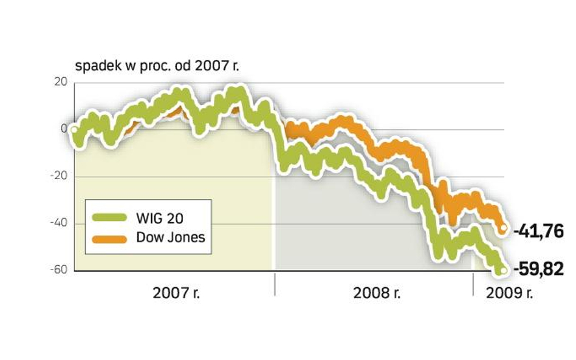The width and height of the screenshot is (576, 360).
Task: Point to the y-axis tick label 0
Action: [x=63, y=129]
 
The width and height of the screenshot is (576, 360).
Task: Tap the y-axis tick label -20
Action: [x=59, y=176]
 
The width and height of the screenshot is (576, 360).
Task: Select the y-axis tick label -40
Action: [x=59, y=223]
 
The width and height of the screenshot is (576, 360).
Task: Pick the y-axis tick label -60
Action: [x=59, y=270]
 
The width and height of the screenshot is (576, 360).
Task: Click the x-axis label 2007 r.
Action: [x=176, y=293]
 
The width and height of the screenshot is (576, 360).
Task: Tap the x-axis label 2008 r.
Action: [x=377, y=293]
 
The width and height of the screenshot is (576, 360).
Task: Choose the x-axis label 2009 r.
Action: [x=509, y=293]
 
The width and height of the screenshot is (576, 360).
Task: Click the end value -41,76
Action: [x=538, y=231]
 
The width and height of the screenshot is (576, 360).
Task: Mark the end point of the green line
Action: [x=502, y=270]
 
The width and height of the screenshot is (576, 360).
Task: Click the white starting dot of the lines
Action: [x=74, y=129]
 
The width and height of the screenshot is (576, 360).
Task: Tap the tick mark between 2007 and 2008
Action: [x=275, y=285]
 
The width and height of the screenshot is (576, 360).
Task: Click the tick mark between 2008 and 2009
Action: [x=473, y=285]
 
